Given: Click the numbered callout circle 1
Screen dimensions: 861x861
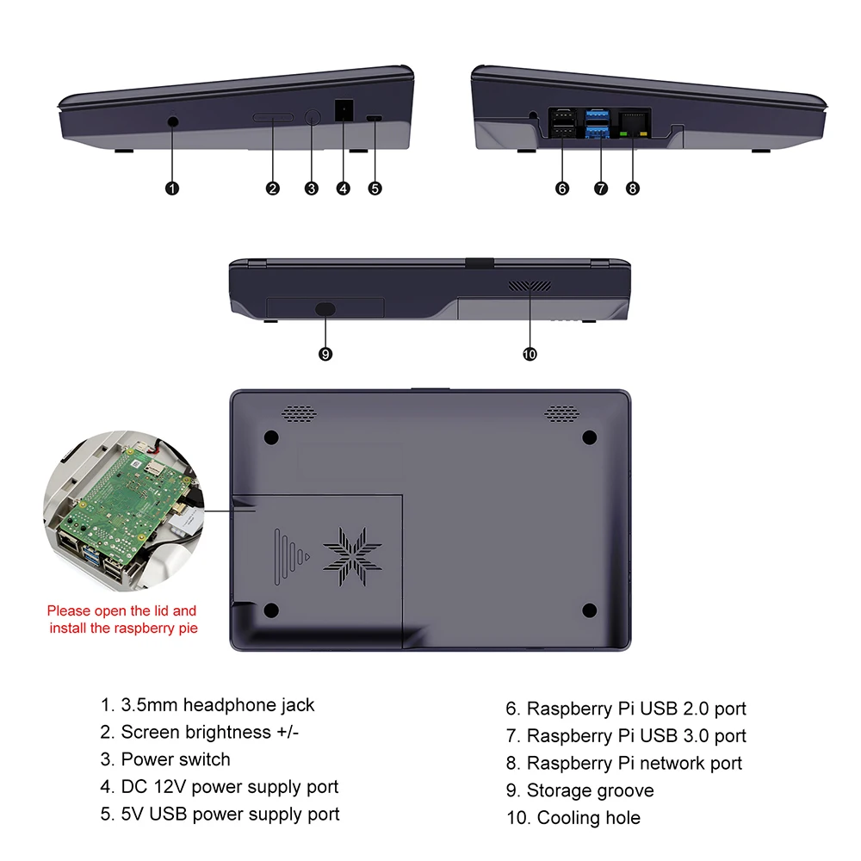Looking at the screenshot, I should pos(171,189).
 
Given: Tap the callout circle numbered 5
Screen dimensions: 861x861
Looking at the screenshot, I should pos(375,189).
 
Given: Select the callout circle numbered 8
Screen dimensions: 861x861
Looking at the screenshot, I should pos(633,189).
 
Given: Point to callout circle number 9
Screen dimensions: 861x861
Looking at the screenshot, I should pos(325,354).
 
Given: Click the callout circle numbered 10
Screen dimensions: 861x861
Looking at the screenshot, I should pos(530,354).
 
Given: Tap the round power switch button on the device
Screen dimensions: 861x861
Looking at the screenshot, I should pos(313,118).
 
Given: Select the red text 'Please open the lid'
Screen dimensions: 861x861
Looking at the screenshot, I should pos(122,610).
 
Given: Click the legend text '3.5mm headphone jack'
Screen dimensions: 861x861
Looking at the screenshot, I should pos(217,705).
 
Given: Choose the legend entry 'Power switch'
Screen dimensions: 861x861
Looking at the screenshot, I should pos(176,759).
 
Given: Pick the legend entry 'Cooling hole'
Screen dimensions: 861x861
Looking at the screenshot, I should pos(588,818).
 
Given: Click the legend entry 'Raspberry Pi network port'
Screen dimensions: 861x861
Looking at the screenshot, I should pos(634,763).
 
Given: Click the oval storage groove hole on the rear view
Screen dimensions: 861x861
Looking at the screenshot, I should pos(325,308).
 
